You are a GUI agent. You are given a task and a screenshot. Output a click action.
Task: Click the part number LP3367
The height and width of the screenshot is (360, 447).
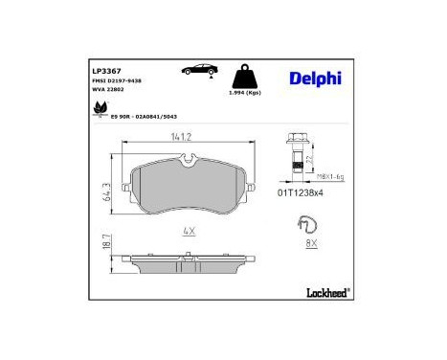tap(105, 72)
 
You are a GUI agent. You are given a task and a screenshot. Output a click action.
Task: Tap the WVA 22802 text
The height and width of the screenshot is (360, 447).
tap(108, 92)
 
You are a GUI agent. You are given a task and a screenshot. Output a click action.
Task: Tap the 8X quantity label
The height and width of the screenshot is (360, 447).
tap(309, 244)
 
